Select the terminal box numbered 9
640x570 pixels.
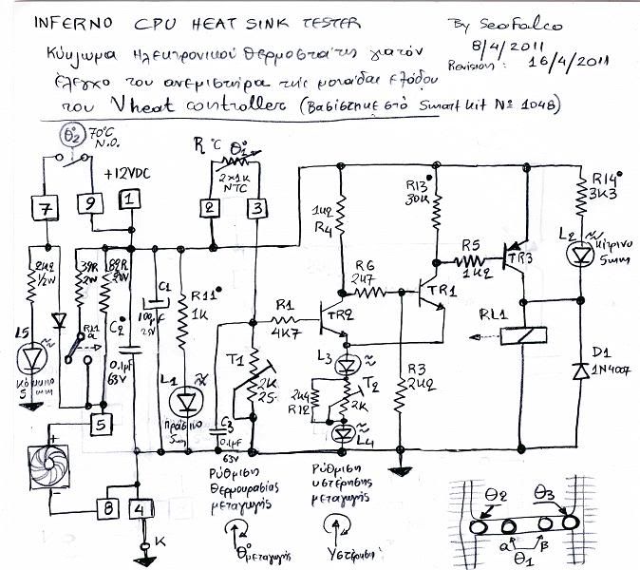point(88,201)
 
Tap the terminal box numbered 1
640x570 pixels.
point(128,200)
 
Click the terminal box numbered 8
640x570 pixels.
point(110,510)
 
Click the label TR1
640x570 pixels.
point(442,289)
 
